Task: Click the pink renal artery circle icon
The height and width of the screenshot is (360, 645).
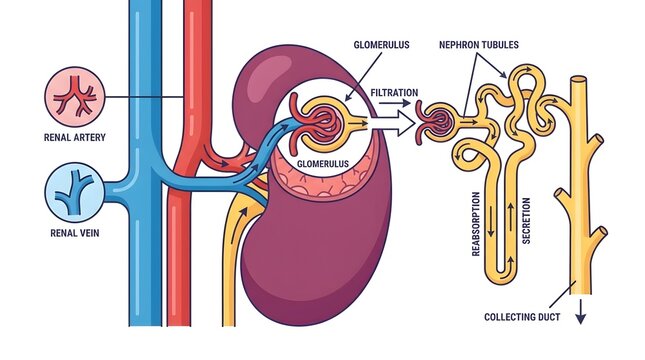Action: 71,97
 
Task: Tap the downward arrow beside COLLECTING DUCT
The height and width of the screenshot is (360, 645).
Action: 579,317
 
